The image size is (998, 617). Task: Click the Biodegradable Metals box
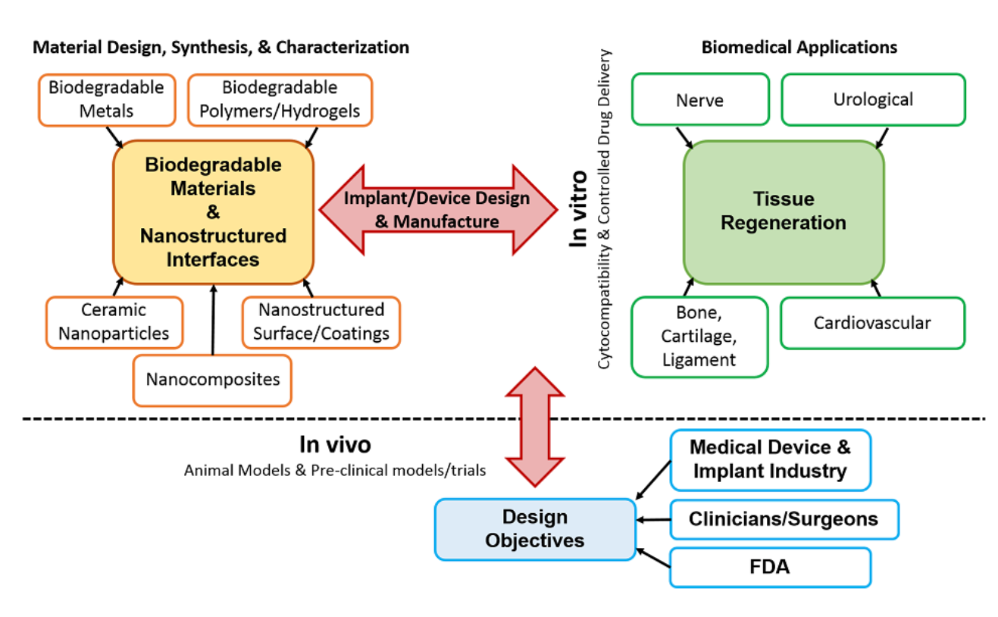107,100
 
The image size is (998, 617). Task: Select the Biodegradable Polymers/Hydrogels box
280,100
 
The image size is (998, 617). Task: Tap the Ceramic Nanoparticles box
114,322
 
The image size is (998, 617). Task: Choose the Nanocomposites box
212,381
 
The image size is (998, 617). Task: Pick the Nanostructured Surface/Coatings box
321,322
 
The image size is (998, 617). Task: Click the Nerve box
700,99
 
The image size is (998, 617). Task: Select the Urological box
873,99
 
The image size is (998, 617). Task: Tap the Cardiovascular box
873,323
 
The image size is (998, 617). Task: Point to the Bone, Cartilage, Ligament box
699,337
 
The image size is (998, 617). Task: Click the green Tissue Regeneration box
784,211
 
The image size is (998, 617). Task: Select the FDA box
771,568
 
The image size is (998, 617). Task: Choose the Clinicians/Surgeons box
784,519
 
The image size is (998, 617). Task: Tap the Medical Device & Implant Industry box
771,460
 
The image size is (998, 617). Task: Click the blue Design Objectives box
535,529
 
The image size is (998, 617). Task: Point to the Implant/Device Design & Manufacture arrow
439,210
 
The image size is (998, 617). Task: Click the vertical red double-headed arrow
535,427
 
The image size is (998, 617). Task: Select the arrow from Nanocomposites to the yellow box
214,320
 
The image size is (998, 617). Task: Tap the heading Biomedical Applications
799,47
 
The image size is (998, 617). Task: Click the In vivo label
335,444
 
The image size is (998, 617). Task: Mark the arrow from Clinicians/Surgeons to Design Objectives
653,520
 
